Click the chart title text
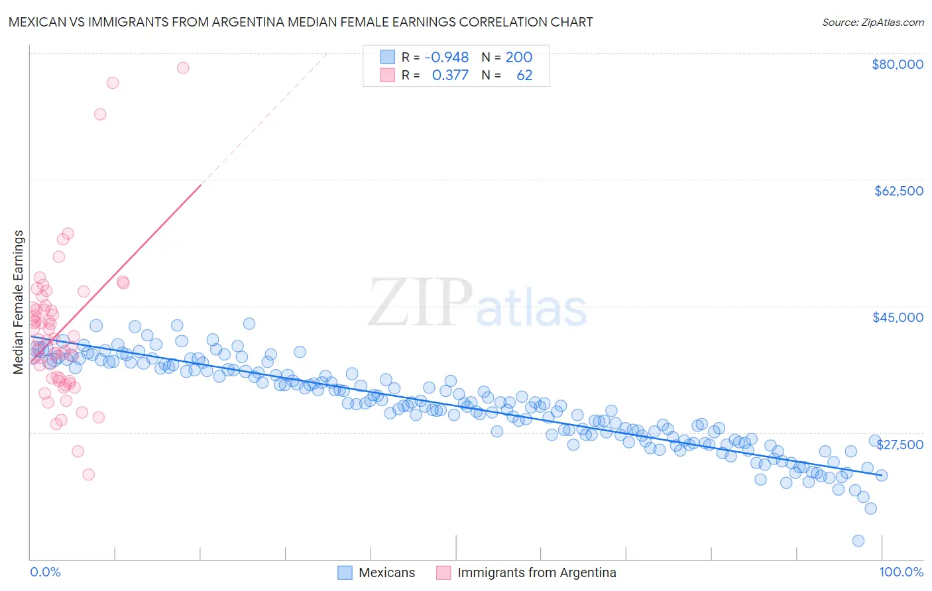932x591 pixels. (x=300, y=22)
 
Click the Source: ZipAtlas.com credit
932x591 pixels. (x=872, y=22)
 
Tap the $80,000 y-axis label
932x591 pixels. (x=897, y=64)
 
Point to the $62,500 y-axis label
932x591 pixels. (x=898, y=191)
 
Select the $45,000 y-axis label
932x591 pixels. (x=898, y=317)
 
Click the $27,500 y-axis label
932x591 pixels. (x=900, y=445)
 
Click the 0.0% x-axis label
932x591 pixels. (x=45, y=572)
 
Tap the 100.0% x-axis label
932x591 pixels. (x=901, y=572)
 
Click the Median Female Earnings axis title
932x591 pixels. (x=19, y=302)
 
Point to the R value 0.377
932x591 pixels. (x=450, y=75)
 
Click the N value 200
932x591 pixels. (x=518, y=58)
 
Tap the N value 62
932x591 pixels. (x=524, y=75)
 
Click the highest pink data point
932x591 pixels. (x=183, y=68)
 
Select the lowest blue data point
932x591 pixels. (x=858, y=541)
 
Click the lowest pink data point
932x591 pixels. (x=88, y=474)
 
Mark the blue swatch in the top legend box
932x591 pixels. (x=387, y=58)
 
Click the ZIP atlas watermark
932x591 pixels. (x=477, y=303)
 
